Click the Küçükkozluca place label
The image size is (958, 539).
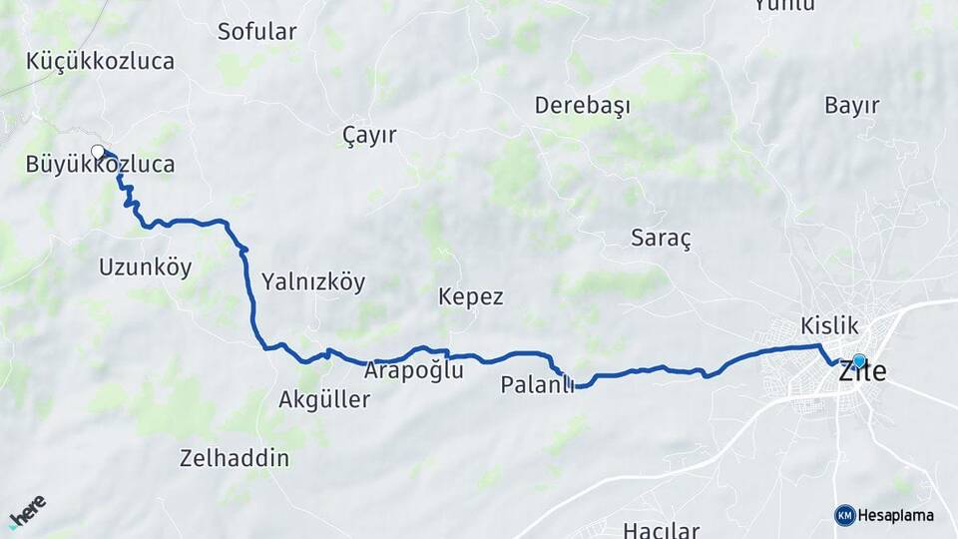click(x=102, y=61)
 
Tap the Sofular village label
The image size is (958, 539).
click(x=256, y=32)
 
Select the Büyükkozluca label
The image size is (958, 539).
click(x=101, y=165)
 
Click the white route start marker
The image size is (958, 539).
click(x=98, y=152)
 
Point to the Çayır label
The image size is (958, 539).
click(x=369, y=136)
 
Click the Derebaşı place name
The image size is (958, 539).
click(x=583, y=106)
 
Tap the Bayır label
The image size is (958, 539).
click(x=852, y=106)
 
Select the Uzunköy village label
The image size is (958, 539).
click(x=146, y=268)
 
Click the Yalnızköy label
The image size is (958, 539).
click(x=313, y=282)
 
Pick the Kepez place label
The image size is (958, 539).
click(x=471, y=297)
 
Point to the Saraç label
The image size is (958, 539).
click(x=661, y=239)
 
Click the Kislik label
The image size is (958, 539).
click(x=829, y=325)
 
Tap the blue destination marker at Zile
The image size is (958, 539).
click(x=859, y=361)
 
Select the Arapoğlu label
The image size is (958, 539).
click(x=414, y=371)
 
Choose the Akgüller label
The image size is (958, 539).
click(x=324, y=400)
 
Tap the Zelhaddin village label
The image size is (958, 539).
click(x=235, y=459)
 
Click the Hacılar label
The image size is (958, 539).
click(x=661, y=529)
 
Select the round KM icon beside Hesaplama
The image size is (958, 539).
click(x=844, y=515)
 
